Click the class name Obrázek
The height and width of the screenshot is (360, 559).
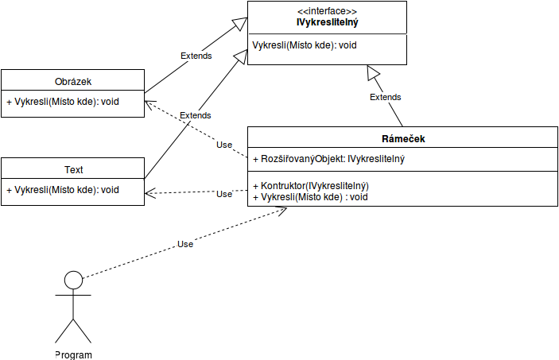click(72, 81)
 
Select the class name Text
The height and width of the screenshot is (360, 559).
click(73, 169)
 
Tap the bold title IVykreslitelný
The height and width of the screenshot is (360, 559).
click(327, 22)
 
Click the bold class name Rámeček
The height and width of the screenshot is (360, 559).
click(403, 138)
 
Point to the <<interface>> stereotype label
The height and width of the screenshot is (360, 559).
click(327, 10)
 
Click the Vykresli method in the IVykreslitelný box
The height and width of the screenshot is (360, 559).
click(304, 45)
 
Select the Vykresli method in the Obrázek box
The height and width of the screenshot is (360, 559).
click(63, 102)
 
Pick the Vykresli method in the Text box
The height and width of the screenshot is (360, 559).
click(63, 190)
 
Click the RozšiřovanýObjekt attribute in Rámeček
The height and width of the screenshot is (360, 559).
click(328, 159)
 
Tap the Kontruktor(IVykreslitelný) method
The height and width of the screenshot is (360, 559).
click(311, 185)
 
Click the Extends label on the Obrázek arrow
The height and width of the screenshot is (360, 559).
click(196, 56)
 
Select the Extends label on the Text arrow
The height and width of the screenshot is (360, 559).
click(195, 116)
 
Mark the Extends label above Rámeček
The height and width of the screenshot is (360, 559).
click(386, 97)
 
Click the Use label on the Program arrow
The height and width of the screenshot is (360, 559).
click(185, 244)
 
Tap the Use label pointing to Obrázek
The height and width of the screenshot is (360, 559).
click(224, 145)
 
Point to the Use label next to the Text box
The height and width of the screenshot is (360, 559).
click(224, 193)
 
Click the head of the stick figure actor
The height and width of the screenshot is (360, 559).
click(73, 280)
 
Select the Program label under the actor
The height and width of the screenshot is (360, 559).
click(73, 354)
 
